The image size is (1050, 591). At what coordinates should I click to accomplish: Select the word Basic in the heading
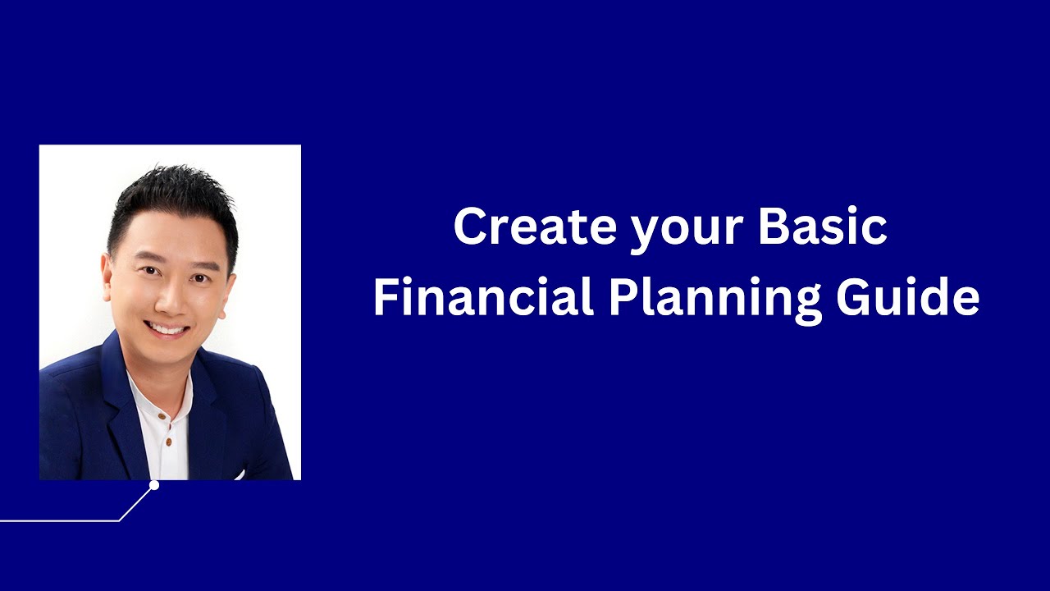point(823,227)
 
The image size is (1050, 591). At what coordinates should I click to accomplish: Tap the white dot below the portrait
point(153,485)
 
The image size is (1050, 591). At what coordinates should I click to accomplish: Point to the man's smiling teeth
point(168,329)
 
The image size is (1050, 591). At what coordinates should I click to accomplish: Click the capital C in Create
point(472,227)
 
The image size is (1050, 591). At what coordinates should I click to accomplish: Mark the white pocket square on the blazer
point(240,474)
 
